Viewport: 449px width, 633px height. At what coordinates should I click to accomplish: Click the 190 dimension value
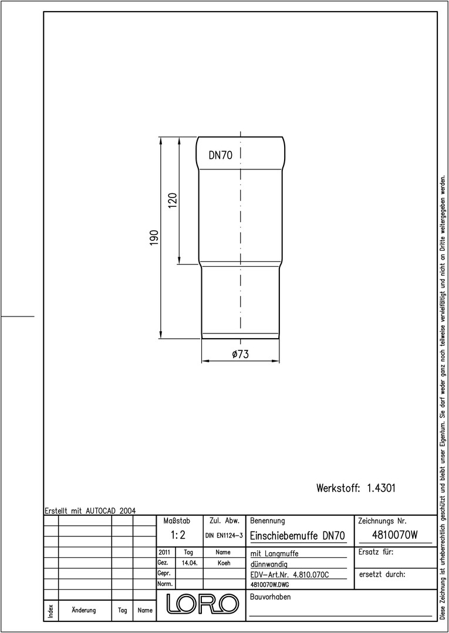[154, 238]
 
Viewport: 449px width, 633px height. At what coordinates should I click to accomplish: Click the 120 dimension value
[173, 200]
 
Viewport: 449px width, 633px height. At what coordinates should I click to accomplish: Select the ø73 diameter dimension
[241, 354]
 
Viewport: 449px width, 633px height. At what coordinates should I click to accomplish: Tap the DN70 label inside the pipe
[221, 155]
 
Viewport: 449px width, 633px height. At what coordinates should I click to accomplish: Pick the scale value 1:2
[178, 535]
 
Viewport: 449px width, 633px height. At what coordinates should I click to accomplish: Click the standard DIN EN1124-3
[224, 536]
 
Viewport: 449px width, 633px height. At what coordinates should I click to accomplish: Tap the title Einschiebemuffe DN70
[298, 536]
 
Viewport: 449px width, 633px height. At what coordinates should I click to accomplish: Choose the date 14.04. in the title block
[190, 563]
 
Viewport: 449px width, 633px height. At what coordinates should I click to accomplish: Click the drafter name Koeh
[224, 563]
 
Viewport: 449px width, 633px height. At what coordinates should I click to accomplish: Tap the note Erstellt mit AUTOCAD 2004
[90, 511]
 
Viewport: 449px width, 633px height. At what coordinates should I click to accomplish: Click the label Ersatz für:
[376, 552]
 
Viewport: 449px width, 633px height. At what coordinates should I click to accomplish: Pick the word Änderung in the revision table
[84, 610]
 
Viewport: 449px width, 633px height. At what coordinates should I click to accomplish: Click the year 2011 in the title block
[164, 552]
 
